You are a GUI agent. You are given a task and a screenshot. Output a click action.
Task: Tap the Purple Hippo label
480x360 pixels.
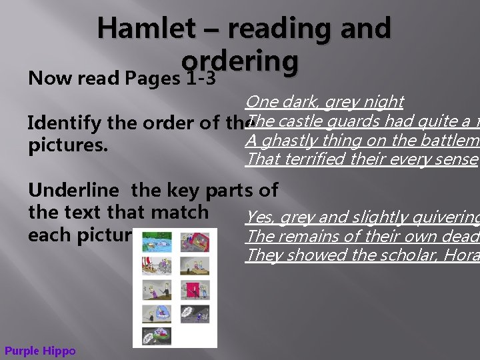(x=40, y=351)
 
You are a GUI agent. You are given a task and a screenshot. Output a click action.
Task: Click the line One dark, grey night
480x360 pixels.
(x=324, y=101)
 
